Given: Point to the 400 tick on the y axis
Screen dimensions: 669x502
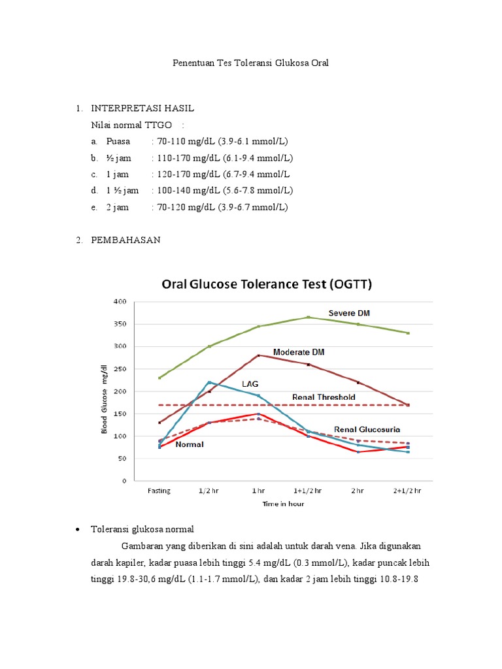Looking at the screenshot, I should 120,302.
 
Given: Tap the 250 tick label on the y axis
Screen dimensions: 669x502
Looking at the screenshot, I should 120,369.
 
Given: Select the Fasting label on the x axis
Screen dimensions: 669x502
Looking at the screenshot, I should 159,491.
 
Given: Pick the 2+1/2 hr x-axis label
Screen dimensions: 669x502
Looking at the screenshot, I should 408,491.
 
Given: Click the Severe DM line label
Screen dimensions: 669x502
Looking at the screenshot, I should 349,313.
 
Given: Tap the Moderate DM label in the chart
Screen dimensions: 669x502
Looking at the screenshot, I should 299,351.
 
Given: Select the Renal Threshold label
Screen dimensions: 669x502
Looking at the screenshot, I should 324,397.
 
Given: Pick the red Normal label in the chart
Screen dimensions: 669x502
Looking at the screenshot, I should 189,444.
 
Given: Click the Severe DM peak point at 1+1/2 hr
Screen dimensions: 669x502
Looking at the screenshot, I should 309,318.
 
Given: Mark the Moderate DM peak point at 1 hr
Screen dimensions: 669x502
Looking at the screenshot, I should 259,355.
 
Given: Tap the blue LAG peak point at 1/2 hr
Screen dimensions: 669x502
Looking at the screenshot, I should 209,382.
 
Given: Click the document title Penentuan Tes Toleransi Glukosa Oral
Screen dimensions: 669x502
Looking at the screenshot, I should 250,63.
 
